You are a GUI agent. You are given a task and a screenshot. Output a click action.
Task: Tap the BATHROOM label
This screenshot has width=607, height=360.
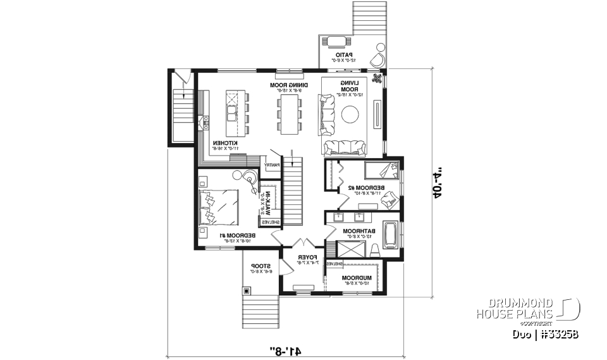click(355, 232)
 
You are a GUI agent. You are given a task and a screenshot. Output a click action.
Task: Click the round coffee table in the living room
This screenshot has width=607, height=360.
click(351, 115)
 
